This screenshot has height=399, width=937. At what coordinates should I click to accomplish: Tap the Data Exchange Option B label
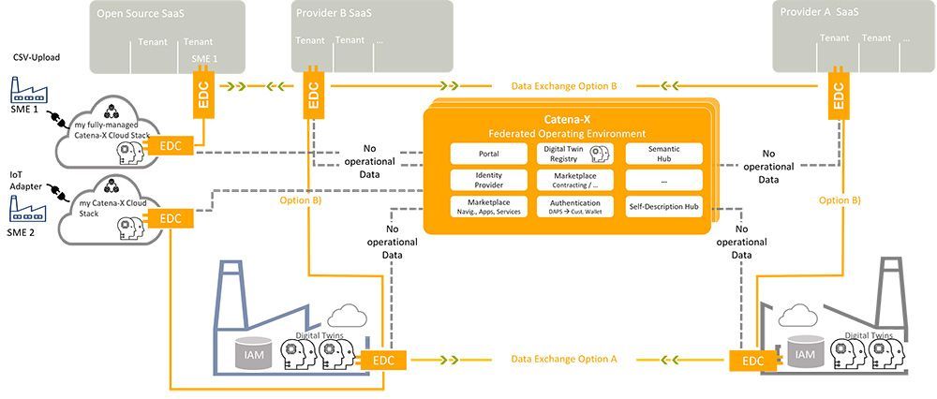coord(563,85)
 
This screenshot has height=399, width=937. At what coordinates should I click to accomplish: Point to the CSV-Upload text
coord(36,57)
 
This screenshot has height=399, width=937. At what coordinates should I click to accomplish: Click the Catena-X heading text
coord(569,120)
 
